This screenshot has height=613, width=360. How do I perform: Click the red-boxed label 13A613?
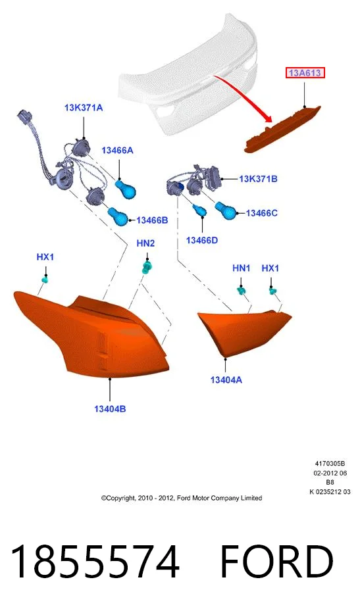point(305,73)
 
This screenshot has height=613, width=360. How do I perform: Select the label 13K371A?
point(84,107)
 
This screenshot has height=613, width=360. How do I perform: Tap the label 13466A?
point(117,150)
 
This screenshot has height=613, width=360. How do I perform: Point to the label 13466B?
point(152,220)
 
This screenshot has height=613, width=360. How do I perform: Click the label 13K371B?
point(258,179)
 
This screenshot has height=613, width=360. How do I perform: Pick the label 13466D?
point(202,240)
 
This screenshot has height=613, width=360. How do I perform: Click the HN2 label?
point(145,243)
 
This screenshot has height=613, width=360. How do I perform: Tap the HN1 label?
point(241,268)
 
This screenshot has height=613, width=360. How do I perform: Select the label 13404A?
point(226,380)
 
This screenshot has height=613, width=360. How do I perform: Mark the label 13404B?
point(110,409)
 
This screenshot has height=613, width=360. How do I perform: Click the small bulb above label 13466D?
point(200,210)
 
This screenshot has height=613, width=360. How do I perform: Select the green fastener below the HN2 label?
point(146,268)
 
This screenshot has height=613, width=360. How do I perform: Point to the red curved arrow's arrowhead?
point(268,117)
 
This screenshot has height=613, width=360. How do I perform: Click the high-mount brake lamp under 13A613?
point(282,130)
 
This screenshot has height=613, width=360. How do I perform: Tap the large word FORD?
point(276,562)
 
